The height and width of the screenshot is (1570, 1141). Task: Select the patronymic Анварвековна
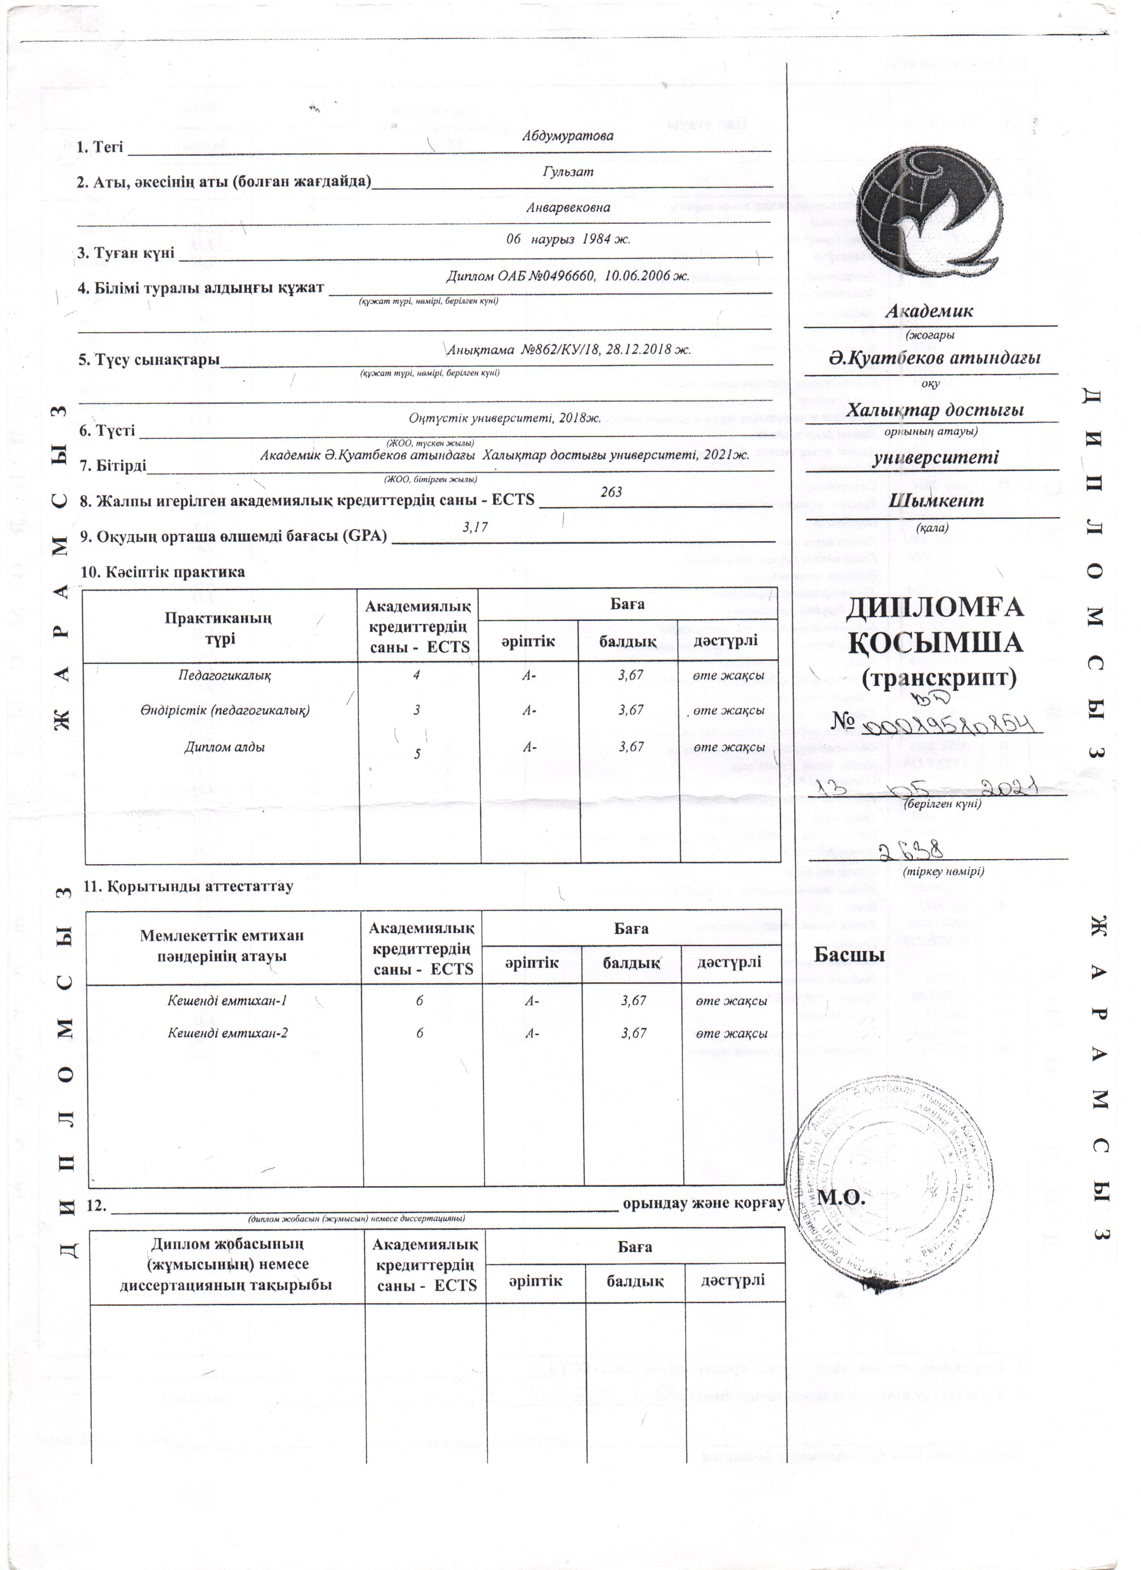point(568,207)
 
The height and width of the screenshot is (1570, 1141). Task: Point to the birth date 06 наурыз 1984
point(568,239)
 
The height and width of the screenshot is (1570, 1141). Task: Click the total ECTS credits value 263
point(611,492)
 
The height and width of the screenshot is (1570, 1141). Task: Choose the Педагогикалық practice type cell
point(224,675)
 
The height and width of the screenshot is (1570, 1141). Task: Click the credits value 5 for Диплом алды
point(417,754)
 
